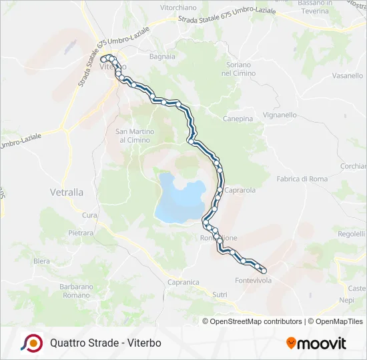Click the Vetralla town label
tap(67, 192)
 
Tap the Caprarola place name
tap(240, 190)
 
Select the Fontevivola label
tap(254, 281)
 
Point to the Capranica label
tap(183, 282)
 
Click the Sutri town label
tap(220, 294)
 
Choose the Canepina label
tap(238, 119)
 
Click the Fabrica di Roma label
tap(302, 179)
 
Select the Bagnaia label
tap(162, 57)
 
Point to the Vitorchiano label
tap(178, 7)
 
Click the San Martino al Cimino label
tap(135, 135)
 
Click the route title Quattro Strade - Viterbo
tap(105, 343)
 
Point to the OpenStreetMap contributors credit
tap(255, 321)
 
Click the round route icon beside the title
tap(31, 343)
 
